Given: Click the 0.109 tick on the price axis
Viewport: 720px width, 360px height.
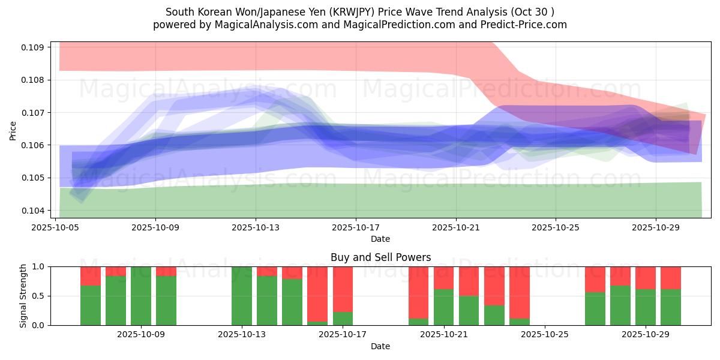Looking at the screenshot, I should (34, 47).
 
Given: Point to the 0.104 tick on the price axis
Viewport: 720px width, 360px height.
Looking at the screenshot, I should (34, 211).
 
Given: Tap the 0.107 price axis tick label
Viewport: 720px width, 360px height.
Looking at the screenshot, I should (34, 113).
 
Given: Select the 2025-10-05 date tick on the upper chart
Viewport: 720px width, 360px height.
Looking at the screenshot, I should (56, 227).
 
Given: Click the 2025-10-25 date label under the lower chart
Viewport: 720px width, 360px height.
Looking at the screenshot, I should (545, 335).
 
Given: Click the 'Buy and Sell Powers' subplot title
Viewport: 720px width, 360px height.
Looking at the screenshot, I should (380, 257).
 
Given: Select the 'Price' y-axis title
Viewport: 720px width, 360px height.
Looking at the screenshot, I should (13, 130).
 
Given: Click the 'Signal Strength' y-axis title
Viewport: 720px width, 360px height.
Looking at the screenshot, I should (23, 296).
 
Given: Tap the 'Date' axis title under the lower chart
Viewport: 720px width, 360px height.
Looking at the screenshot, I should (380, 346).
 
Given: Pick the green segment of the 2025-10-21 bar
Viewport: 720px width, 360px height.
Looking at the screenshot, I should (443, 307).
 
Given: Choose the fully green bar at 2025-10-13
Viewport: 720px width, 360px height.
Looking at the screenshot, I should (242, 296).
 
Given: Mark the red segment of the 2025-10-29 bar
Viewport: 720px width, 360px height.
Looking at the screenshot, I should (646, 278).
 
